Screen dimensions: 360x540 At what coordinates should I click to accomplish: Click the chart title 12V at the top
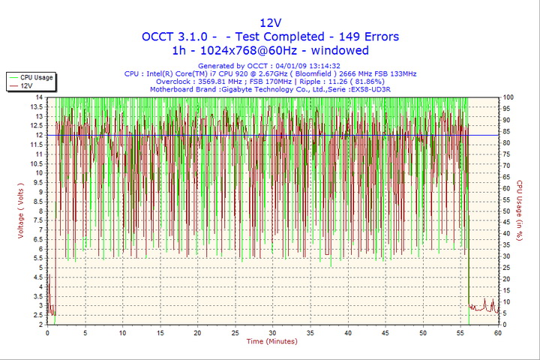(270, 22)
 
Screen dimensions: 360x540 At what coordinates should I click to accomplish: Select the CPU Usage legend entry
(36, 77)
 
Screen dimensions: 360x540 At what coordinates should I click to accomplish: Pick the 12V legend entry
(27, 86)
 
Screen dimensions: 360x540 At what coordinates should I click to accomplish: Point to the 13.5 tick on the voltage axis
(37, 107)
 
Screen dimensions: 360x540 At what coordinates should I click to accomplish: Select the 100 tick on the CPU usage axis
(508, 97)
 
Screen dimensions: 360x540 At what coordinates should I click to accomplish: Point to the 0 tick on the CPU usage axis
(504, 324)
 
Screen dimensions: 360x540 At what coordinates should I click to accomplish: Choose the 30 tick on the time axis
(272, 332)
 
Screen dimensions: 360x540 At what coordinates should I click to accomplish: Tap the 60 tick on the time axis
(498, 332)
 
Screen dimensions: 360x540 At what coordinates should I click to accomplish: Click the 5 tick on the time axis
(85, 332)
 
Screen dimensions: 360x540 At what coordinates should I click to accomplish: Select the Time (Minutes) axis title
(271, 342)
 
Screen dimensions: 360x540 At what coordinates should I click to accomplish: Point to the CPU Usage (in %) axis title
(519, 210)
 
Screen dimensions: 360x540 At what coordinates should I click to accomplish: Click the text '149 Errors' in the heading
(367, 36)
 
